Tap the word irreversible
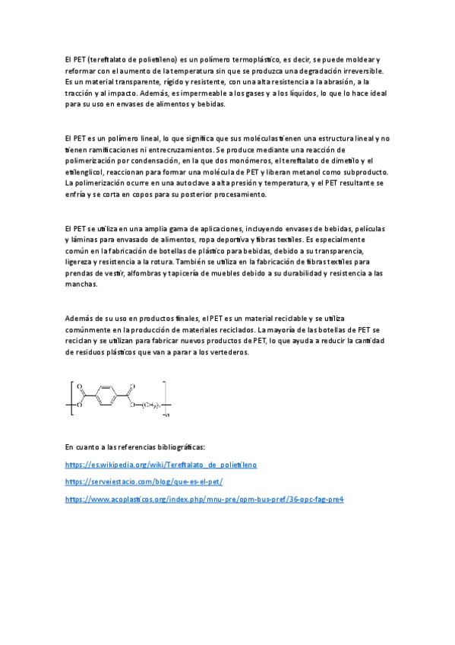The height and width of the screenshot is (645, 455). point(359,70)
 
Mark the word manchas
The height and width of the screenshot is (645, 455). point(81,284)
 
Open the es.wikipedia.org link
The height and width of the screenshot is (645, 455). point(161,464)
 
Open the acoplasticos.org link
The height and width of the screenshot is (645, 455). point(204,499)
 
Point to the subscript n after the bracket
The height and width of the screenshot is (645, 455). point(167,415)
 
